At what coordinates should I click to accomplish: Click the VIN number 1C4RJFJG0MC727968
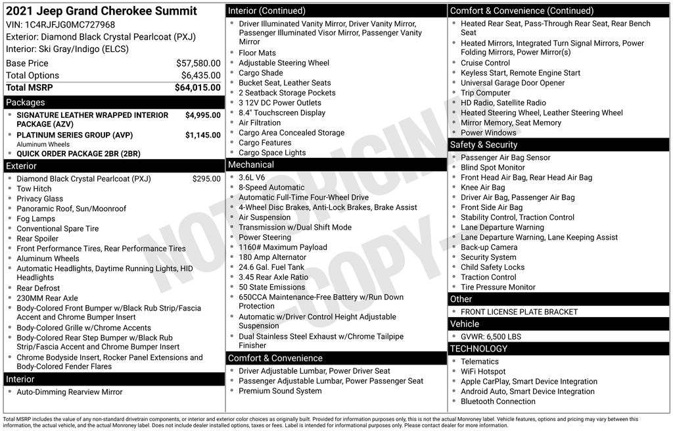point(70,25)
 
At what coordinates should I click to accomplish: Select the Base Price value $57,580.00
point(198,63)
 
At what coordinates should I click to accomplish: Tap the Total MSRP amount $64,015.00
point(197,88)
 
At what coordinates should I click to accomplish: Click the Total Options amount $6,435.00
point(200,75)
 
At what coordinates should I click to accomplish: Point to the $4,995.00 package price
point(202,115)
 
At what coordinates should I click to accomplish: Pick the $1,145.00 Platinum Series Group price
point(202,135)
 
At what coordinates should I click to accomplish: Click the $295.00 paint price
point(206,178)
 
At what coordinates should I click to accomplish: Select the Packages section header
point(26,103)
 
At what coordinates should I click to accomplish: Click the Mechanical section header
point(250,165)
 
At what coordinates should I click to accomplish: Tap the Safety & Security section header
point(484,145)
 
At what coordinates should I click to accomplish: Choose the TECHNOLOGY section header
point(478,349)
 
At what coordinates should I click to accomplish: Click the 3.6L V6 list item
point(252,178)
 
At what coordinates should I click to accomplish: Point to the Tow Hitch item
point(34,189)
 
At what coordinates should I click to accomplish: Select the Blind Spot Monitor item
point(493,168)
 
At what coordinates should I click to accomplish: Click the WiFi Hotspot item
point(483,372)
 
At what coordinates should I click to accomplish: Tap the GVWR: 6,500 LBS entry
point(491,336)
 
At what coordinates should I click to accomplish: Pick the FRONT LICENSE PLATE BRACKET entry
point(519,312)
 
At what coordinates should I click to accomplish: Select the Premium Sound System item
point(280,391)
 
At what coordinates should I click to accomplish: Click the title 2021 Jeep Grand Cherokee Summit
point(101,11)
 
